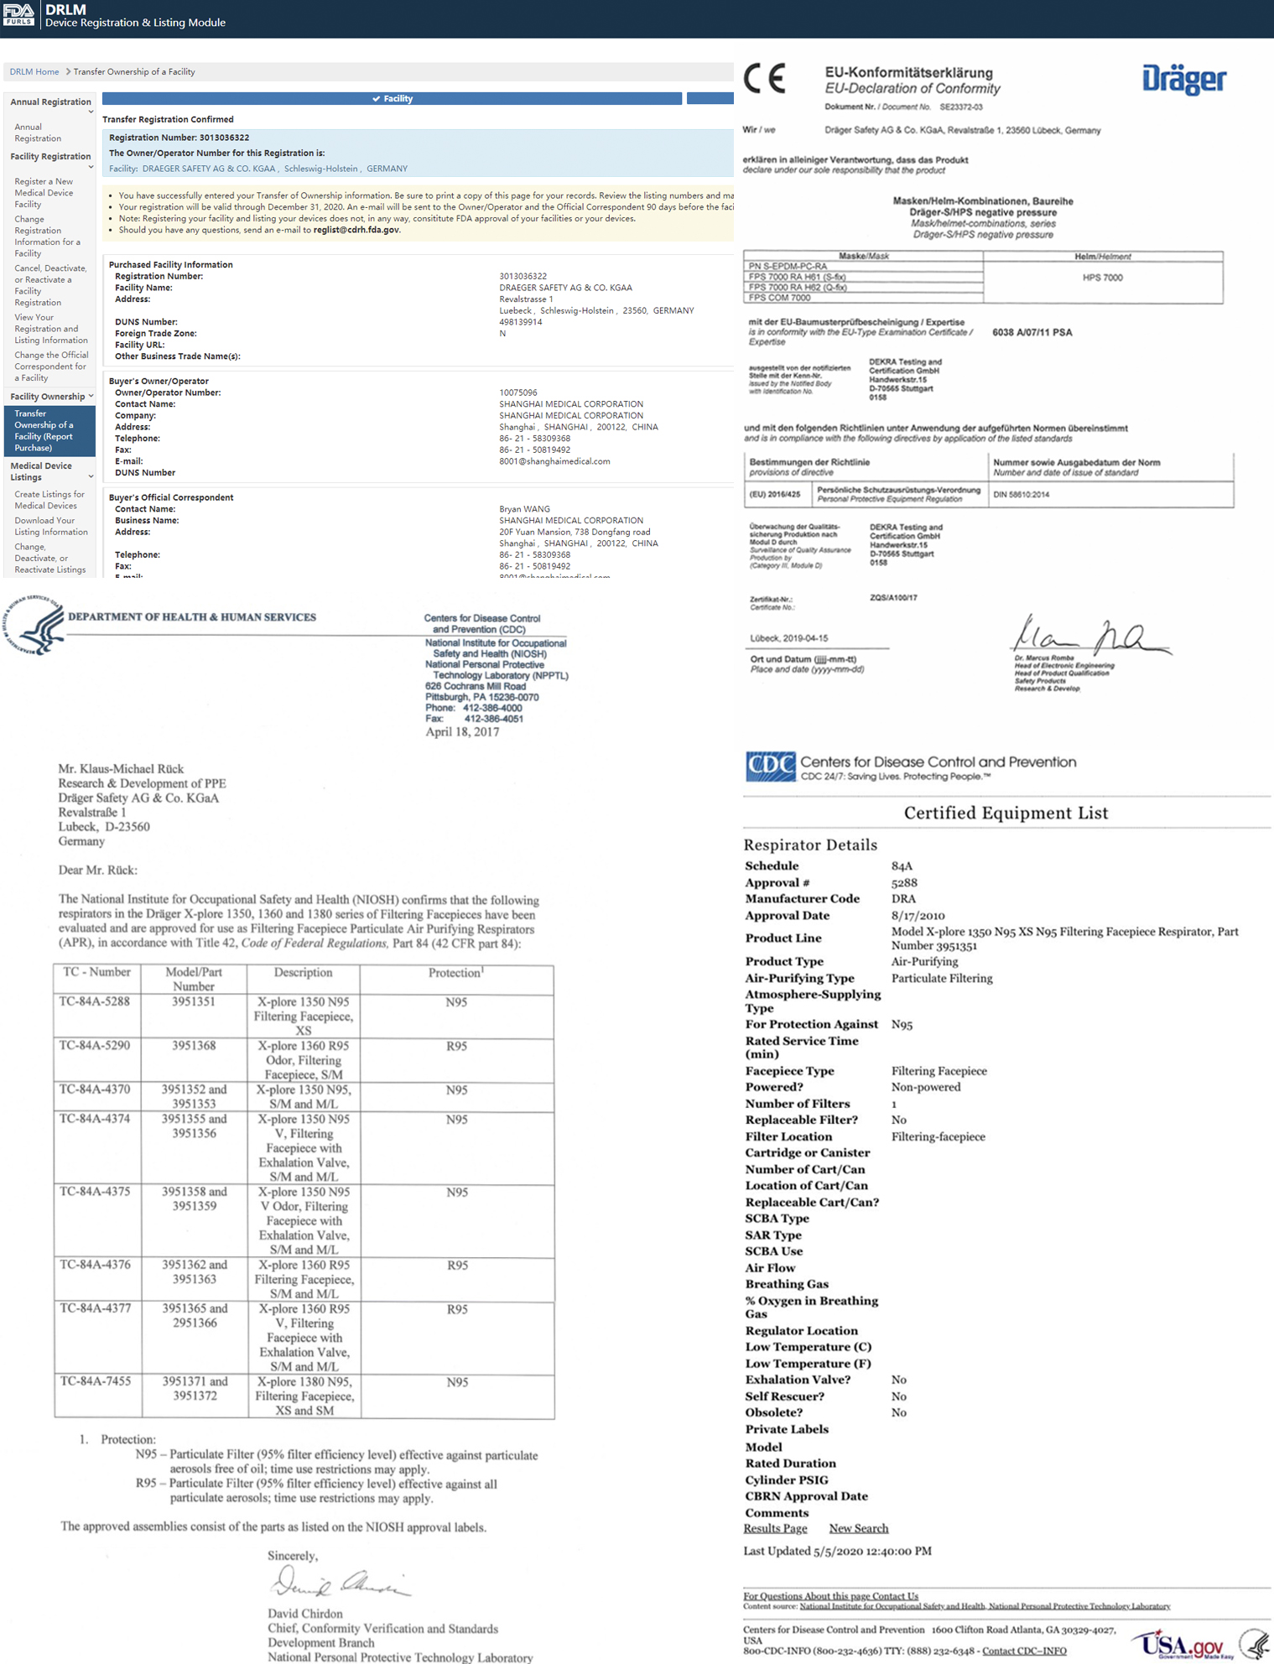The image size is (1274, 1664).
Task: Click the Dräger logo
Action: (1183, 80)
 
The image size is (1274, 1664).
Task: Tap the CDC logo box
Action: (770, 767)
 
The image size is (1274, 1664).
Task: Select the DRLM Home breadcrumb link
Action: (34, 72)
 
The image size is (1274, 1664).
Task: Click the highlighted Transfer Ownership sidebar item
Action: (49, 431)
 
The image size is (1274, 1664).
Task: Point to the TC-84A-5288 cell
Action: (96, 1002)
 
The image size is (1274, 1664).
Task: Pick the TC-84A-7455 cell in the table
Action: (96, 1381)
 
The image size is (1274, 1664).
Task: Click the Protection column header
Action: (456, 973)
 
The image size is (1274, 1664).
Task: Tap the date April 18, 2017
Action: (462, 732)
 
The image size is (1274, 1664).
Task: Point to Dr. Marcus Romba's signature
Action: (1090, 635)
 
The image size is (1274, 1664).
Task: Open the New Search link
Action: (858, 1528)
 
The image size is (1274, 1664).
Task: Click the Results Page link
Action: (775, 1528)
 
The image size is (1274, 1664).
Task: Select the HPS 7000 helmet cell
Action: (1102, 278)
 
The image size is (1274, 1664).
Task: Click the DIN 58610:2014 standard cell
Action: (1021, 495)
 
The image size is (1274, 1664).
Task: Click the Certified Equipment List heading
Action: (1006, 813)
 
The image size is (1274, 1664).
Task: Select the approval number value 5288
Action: (904, 882)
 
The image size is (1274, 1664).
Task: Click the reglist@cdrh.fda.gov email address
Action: (356, 230)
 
